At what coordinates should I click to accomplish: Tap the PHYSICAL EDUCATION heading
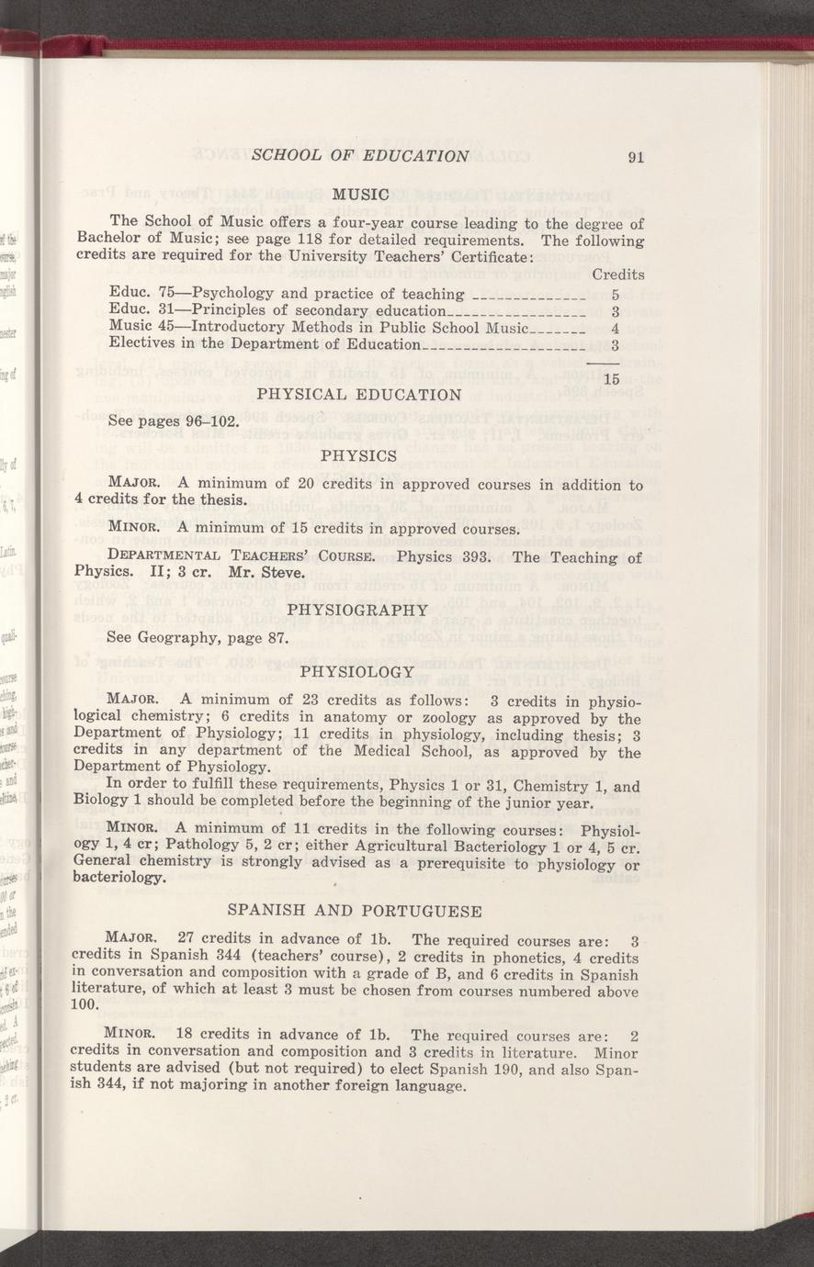click(359, 395)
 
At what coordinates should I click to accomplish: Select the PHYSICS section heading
click(359, 454)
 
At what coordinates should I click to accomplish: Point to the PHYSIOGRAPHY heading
click(358, 609)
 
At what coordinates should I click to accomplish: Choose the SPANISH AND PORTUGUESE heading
click(355, 911)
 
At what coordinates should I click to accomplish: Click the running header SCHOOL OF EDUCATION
click(361, 155)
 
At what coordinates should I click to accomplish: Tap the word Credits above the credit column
click(617, 274)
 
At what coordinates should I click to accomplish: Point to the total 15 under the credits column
click(613, 378)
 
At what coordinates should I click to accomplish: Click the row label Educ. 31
click(136, 311)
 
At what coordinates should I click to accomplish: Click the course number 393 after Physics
click(479, 557)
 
